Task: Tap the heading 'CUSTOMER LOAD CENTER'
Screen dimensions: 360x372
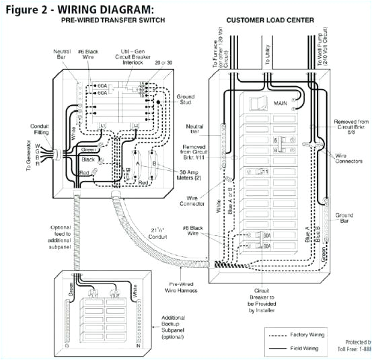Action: [x=270, y=20]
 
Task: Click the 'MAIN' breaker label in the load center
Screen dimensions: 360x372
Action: [x=282, y=104]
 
